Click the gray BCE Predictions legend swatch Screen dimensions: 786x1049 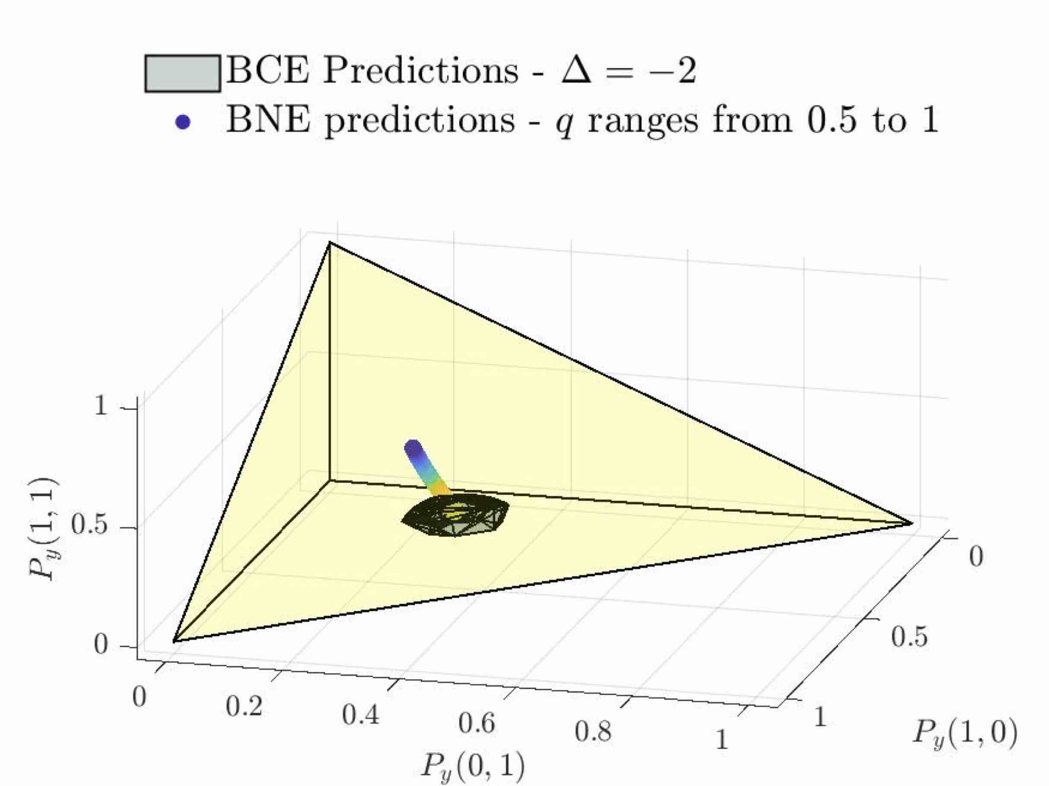coord(183,73)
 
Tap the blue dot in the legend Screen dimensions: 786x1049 coord(183,123)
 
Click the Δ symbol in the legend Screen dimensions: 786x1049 coord(577,71)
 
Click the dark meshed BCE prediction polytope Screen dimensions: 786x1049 coord(455,515)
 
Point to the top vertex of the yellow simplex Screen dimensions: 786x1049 coord(329,242)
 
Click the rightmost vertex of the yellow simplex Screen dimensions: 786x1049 coord(911,524)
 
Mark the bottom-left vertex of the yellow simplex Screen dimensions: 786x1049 coord(174,642)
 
